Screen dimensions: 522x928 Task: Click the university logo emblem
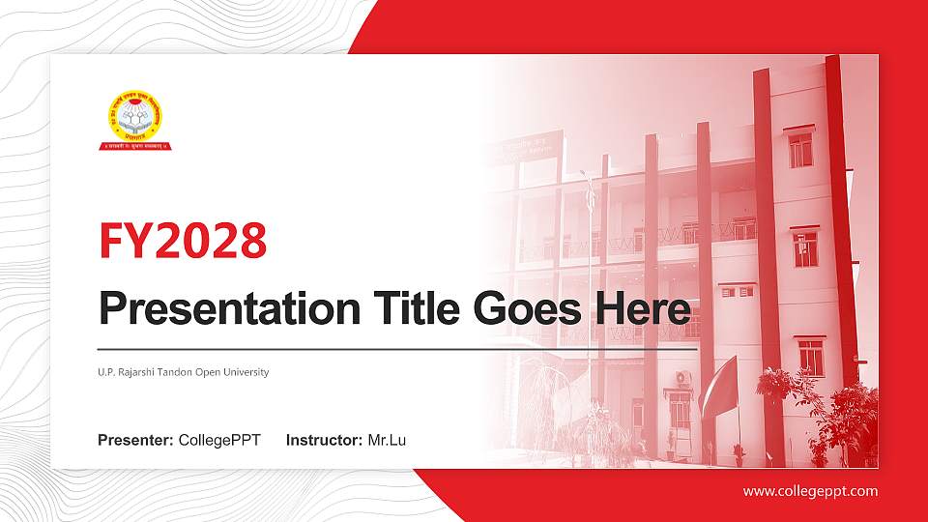134,116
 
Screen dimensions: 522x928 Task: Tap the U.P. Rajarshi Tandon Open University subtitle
183,372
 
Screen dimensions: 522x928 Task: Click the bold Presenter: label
135,441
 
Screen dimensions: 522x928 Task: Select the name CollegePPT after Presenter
219,441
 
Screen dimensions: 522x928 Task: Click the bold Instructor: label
325,441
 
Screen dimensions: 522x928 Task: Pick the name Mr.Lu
387,441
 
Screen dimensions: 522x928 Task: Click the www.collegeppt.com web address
810,491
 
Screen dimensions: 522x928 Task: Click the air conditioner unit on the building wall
683,377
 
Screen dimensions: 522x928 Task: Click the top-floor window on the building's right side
800,149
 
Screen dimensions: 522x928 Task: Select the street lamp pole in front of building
589,290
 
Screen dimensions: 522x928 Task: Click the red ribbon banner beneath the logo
134,145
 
